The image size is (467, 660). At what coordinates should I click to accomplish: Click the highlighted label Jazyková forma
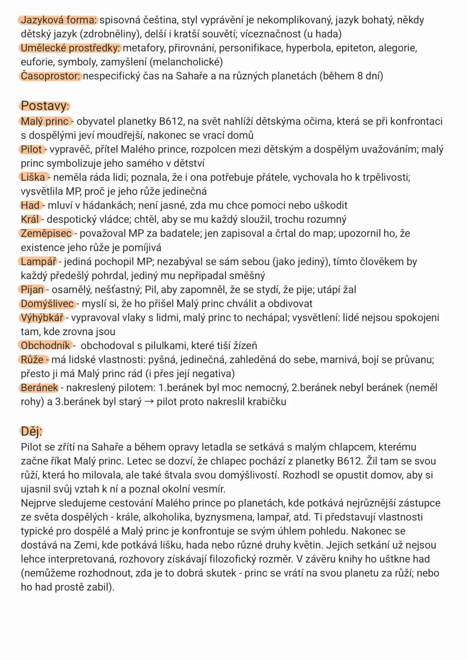point(59,20)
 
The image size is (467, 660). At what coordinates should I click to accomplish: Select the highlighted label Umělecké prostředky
point(70,48)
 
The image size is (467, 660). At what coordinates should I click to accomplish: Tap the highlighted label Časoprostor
point(51,76)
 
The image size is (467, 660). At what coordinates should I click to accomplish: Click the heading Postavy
point(44,106)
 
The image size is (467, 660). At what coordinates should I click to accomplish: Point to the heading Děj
point(31,431)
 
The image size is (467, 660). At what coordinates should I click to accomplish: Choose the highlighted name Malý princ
point(45,122)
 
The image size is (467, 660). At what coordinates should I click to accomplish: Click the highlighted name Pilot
point(32,150)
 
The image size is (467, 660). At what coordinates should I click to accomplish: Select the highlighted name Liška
point(33,177)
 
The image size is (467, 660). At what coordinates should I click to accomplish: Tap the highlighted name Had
point(30,205)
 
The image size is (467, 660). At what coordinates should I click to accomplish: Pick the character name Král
point(30,219)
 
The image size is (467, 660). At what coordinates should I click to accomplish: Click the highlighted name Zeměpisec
point(46,234)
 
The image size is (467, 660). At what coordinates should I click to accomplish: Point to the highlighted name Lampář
point(38,262)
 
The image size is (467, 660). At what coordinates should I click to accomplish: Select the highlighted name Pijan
point(32,290)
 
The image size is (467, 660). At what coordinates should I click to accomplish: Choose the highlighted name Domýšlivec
point(47,304)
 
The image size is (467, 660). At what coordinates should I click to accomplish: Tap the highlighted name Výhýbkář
point(42,318)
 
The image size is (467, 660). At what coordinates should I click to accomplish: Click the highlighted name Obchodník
point(45,346)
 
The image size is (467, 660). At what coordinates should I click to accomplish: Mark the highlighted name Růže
point(32,360)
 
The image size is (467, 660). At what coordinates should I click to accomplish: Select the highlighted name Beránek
point(39,388)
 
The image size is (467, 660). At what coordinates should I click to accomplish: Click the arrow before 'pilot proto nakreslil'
point(149,402)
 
